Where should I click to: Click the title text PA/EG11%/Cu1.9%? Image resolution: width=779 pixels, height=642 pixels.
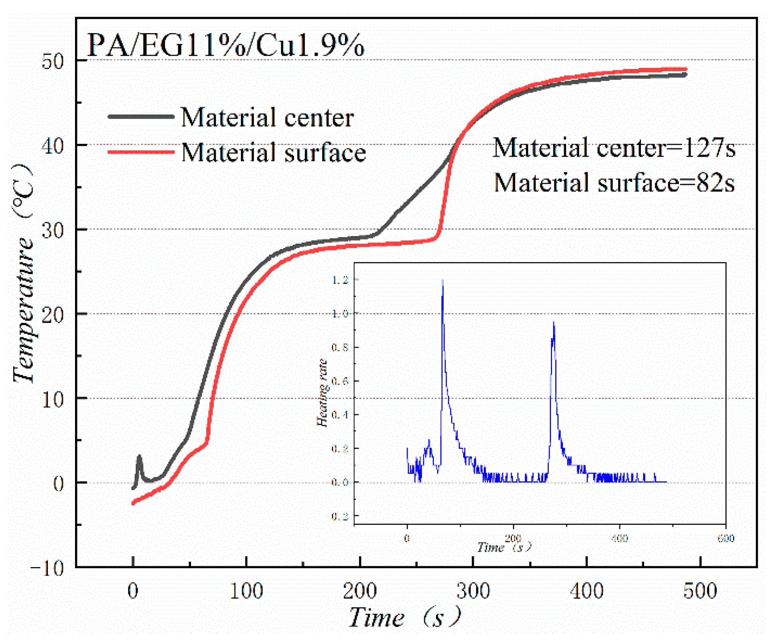(225, 45)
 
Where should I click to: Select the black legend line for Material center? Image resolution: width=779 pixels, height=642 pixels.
(141, 117)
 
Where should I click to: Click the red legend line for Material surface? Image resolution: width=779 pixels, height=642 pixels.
(141, 152)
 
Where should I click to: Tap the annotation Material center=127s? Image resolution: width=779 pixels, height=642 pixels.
(613, 148)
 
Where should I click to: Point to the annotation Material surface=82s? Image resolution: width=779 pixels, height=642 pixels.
(613, 183)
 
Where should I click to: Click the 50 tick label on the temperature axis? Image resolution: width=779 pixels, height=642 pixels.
(53, 61)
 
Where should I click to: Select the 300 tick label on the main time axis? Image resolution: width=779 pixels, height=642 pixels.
(473, 591)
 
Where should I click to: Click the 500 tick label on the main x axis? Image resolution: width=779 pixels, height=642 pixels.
(700, 591)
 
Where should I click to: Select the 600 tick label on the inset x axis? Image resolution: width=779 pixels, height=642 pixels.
(726, 539)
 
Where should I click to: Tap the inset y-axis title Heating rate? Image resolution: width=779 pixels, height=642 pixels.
(322, 393)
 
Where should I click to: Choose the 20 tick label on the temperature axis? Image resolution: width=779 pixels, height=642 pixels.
(53, 315)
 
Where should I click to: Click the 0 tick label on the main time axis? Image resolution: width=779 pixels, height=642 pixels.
(133, 591)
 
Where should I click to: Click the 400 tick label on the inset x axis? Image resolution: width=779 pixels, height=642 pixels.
(619, 539)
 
